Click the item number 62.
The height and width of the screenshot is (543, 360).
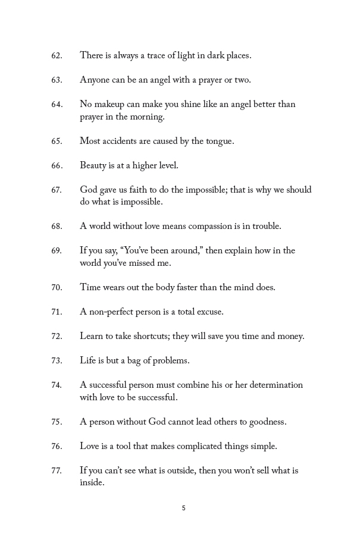[x=57, y=56]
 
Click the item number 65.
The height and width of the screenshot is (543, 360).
[x=57, y=142]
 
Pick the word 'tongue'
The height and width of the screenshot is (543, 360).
[x=218, y=142]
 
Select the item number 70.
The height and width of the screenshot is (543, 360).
[x=57, y=288]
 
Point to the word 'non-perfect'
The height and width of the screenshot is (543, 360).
[x=112, y=312]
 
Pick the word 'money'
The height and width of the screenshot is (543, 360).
[x=290, y=337]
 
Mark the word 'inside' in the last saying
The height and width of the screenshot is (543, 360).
[x=91, y=484]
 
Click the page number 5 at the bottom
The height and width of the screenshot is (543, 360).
[x=184, y=509]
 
